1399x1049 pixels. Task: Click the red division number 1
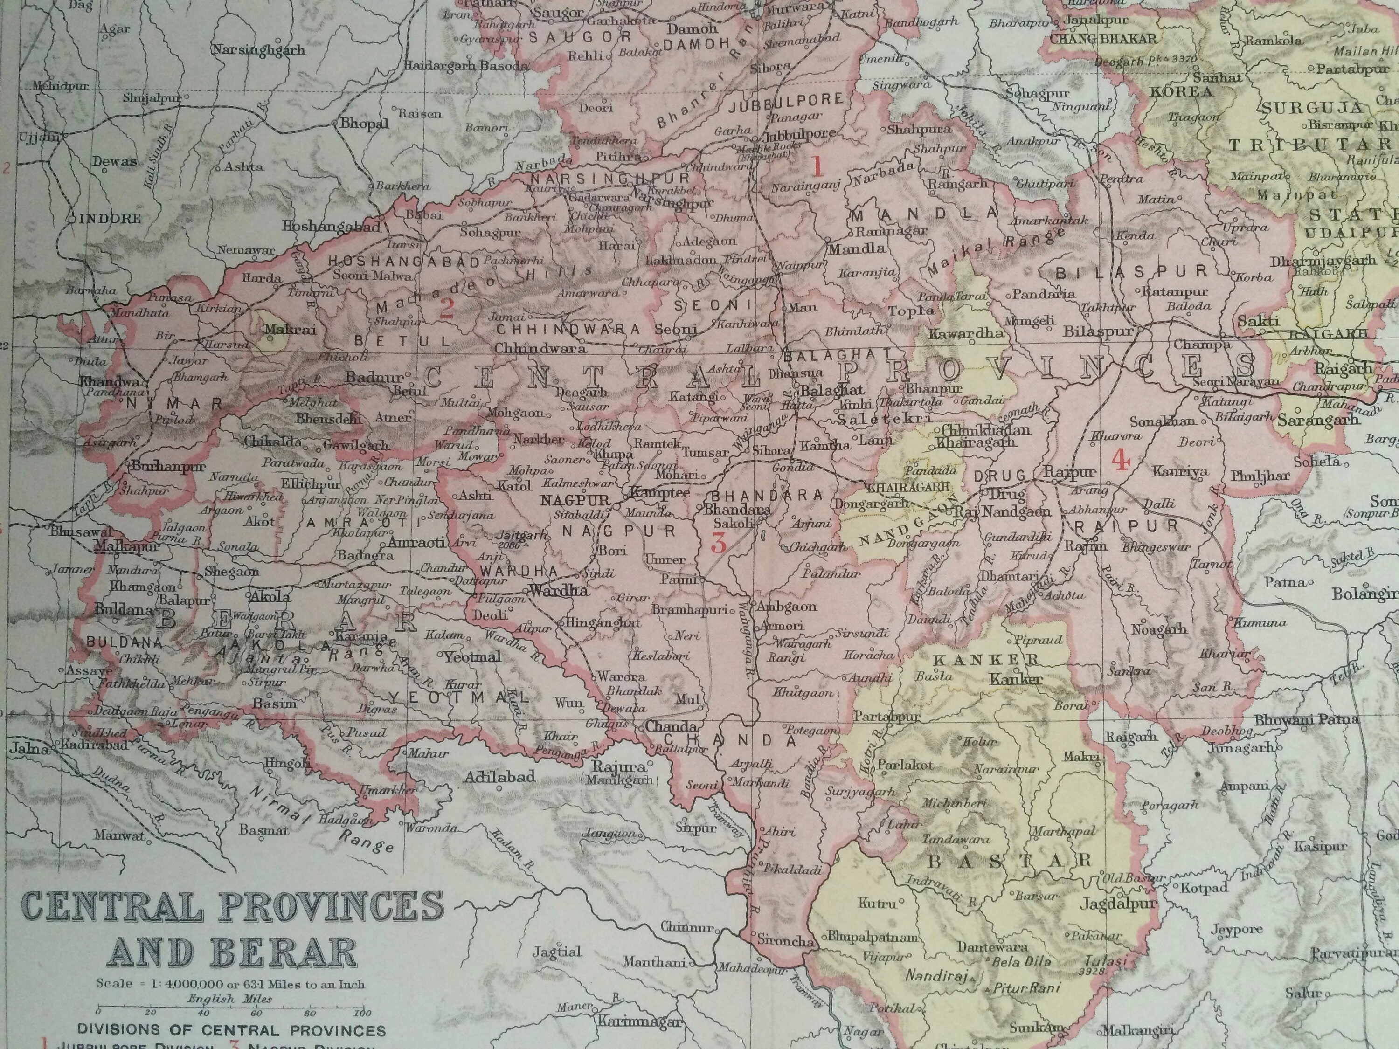point(817,167)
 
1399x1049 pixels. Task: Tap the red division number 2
point(447,309)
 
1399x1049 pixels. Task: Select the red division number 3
point(719,543)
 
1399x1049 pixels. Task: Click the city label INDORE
point(110,218)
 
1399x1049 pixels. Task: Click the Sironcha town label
point(784,940)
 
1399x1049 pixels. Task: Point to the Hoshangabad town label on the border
point(332,226)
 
